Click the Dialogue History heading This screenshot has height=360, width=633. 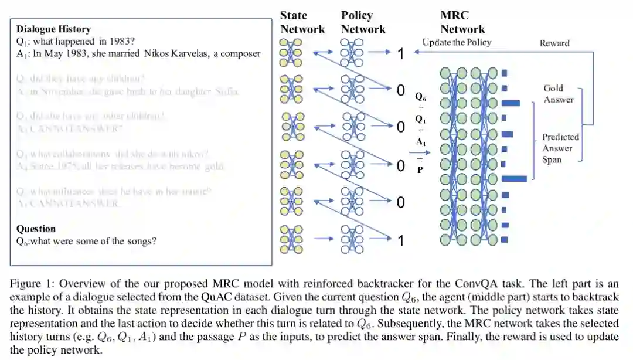[53, 29]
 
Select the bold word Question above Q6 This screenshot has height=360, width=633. [36, 229]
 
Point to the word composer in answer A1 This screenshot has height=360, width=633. [240, 53]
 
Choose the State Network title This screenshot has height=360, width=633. [302, 22]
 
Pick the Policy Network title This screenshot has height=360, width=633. [363, 22]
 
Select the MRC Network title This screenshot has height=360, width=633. [463, 22]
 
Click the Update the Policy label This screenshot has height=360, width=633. [457, 42]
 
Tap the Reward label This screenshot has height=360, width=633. [554, 43]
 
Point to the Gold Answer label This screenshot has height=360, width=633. [558, 94]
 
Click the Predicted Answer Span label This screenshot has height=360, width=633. [560, 148]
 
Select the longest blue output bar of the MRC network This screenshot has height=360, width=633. [514, 178]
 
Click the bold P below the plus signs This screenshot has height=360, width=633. [420, 171]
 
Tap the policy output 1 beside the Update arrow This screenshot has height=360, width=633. [401, 54]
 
